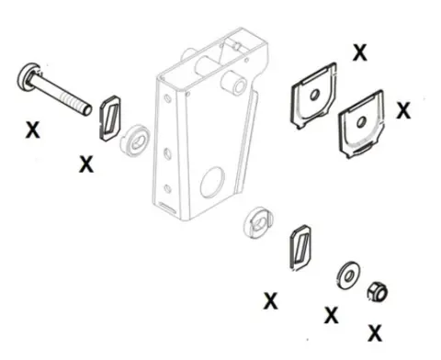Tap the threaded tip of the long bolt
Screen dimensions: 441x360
click(x=86, y=108)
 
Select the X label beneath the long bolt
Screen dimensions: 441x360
click(x=32, y=129)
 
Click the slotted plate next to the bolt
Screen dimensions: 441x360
click(x=110, y=118)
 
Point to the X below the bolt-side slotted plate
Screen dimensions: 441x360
click(x=86, y=163)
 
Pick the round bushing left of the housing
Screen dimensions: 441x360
click(x=136, y=141)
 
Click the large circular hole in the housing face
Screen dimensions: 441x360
click(x=212, y=182)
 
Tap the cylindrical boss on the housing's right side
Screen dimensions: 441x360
click(x=235, y=83)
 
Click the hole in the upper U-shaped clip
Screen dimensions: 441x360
click(x=314, y=95)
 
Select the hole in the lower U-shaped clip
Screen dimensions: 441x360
click(x=361, y=122)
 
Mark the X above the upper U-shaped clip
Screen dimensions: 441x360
click(x=359, y=52)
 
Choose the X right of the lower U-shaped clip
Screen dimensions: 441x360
click(x=403, y=110)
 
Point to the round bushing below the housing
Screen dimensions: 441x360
click(x=258, y=222)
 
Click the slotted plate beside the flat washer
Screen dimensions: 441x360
click(x=300, y=247)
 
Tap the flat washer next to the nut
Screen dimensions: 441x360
click(x=348, y=276)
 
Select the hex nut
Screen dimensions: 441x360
click(x=378, y=292)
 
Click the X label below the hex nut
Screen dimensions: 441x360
click(x=375, y=333)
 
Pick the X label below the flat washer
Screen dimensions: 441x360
click(x=332, y=315)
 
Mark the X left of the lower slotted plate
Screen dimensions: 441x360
click(x=271, y=300)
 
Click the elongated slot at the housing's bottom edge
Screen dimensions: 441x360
click(x=167, y=208)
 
